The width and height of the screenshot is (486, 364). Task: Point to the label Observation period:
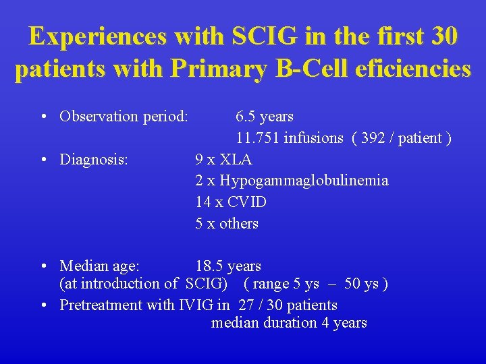(x=124, y=117)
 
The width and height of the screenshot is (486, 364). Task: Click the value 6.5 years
(x=265, y=117)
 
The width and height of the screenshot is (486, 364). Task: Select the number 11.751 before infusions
(x=258, y=138)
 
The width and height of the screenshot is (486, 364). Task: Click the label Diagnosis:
(x=94, y=160)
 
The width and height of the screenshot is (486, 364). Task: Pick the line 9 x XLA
(x=223, y=160)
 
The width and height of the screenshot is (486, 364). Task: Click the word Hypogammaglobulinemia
(x=304, y=181)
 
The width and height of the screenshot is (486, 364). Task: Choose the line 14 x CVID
(x=231, y=202)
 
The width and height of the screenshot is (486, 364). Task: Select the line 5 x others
(x=227, y=223)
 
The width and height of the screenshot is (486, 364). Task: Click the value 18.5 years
(x=228, y=266)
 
